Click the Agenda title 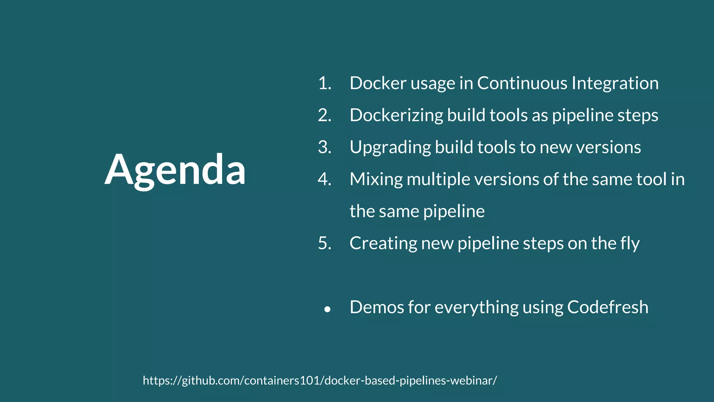tap(175, 170)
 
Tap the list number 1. tap(324, 83)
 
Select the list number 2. tap(324, 116)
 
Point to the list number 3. tap(324, 147)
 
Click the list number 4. tap(324, 179)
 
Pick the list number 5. tap(324, 243)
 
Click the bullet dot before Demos tap(327, 309)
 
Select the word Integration tap(615, 83)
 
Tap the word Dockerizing tap(396, 116)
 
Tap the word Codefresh tap(608, 307)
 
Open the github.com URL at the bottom tap(320, 380)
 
